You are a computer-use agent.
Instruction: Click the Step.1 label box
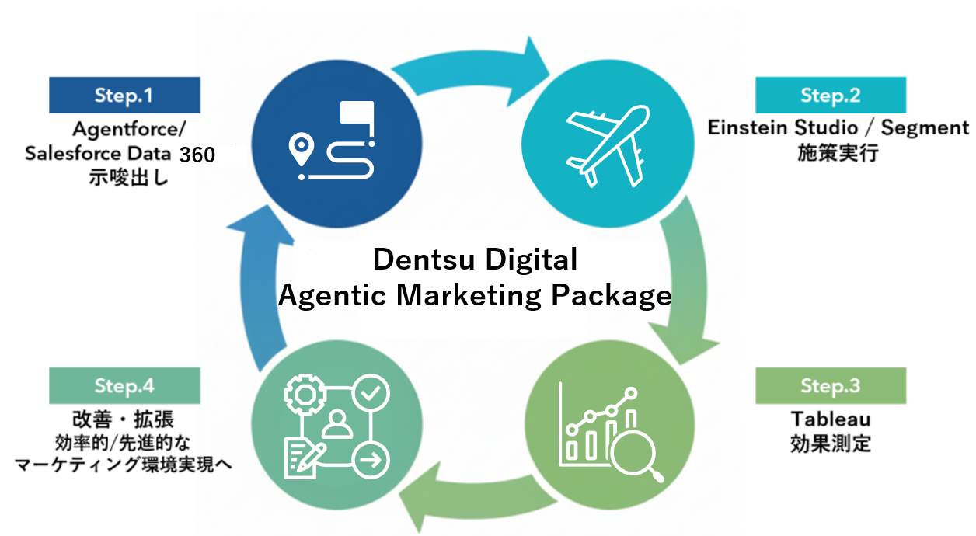[x=124, y=96]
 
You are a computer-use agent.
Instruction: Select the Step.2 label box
[x=830, y=96]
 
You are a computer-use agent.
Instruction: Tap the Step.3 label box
[x=830, y=386]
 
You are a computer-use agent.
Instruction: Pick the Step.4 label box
[x=124, y=386]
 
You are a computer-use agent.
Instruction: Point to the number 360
[x=197, y=155]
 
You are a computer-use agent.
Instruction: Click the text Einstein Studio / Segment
[x=838, y=127]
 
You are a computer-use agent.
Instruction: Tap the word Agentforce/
[x=124, y=127]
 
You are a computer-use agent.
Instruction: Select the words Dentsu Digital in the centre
[x=475, y=259]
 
